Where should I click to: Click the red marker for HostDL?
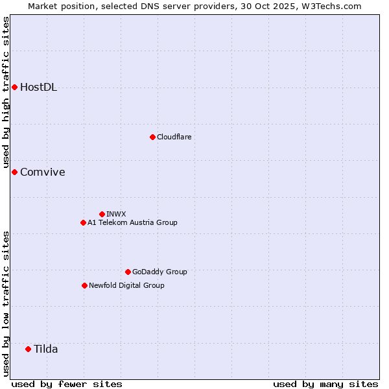pyautogui.click(x=14, y=88)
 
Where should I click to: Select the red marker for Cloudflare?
pyautogui.click(x=152, y=137)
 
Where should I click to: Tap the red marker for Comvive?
pyautogui.click(x=14, y=172)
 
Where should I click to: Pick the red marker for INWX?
pyautogui.click(x=102, y=214)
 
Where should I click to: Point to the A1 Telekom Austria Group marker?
pyautogui.click(x=83, y=222)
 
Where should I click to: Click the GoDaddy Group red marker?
pyautogui.click(x=128, y=272)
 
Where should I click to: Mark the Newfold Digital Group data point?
pyautogui.click(x=84, y=285)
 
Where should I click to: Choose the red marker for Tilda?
pyautogui.click(x=28, y=349)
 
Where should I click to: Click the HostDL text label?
pyautogui.click(x=38, y=88)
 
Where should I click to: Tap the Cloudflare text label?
pyautogui.click(x=174, y=137)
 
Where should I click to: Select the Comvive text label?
pyautogui.click(x=42, y=172)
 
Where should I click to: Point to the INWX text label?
pyautogui.click(x=116, y=214)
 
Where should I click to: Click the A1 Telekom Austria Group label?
pyautogui.click(x=132, y=222)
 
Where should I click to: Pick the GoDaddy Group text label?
pyautogui.click(x=159, y=272)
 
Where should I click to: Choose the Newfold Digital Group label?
pyautogui.click(x=126, y=285)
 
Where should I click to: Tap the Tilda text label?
pyautogui.click(x=45, y=349)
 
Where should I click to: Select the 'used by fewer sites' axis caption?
pyautogui.click(x=67, y=384)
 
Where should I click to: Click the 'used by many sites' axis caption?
pyautogui.click(x=325, y=384)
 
